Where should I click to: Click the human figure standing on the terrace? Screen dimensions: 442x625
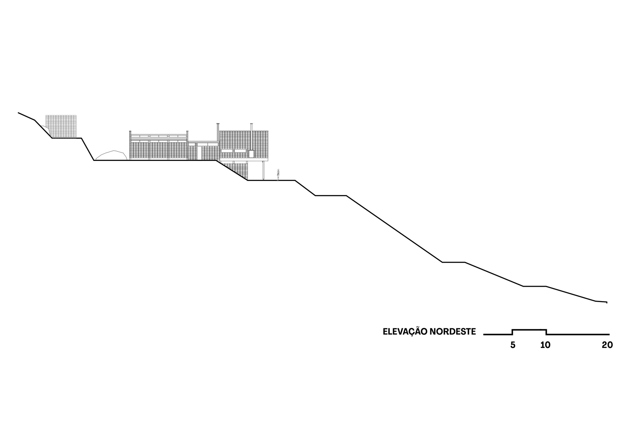pyautogui.click(x=278, y=175)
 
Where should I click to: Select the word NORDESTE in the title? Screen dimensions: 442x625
pyautogui.click(x=452, y=331)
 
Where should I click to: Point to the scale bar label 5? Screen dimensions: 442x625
pyautogui.click(x=512, y=345)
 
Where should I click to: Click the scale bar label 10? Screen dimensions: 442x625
pyautogui.click(x=545, y=345)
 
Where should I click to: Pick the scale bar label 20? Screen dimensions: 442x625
pyautogui.click(x=607, y=345)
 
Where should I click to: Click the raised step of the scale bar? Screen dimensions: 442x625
pyautogui.click(x=529, y=330)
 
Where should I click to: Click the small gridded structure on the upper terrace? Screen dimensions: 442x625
pyautogui.click(x=61, y=126)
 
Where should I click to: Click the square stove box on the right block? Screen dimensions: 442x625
pyautogui.click(x=251, y=154)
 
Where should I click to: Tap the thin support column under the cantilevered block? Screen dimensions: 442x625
pyautogui.click(x=263, y=171)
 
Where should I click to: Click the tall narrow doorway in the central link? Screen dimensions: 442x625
pyautogui.click(x=199, y=153)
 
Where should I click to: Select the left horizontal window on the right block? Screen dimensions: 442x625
pyautogui.click(x=227, y=151)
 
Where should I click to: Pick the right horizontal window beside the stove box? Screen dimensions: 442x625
pyautogui.click(x=240, y=151)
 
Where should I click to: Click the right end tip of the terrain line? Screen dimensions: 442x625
pyautogui.click(x=607, y=302)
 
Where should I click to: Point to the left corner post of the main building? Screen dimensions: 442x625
pyautogui.click(x=130, y=146)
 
